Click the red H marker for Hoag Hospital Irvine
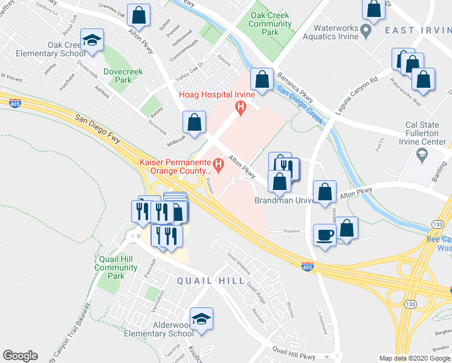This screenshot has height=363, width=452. pyautogui.click(x=242, y=108)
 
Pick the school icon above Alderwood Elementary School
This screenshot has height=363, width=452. pyautogui.click(x=202, y=319)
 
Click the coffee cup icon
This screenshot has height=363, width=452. pyautogui.click(x=325, y=235)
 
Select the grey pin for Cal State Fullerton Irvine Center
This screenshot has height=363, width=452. pyautogui.click(x=421, y=155)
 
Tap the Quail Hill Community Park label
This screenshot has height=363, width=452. pyautogui.click(x=116, y=267)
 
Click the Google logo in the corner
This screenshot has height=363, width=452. pyautogui.click(x=20, y=356)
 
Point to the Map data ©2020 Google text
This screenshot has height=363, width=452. pyautogui.click(x=415, y=358)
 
